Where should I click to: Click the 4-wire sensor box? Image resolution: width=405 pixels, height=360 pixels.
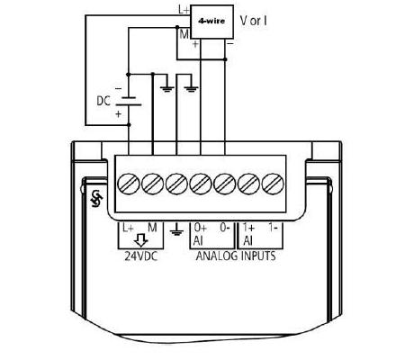[211, 22]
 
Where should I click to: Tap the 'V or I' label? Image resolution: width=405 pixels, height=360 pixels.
[254, 21]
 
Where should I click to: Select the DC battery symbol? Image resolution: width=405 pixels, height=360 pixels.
[129, 101]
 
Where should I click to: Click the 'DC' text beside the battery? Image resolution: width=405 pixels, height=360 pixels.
[103, 101]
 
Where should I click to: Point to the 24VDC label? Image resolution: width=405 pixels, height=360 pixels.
[141, 256]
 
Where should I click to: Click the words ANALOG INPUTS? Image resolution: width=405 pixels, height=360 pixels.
[236, 256]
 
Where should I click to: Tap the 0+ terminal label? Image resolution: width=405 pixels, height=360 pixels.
[200, 228]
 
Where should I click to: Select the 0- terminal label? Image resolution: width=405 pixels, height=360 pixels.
[225, 228]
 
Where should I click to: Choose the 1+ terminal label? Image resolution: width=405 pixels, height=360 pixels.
[248, 228]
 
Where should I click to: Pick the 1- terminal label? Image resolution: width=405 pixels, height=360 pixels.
[273, 228]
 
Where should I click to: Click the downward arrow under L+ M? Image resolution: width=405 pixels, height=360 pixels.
[140, 240]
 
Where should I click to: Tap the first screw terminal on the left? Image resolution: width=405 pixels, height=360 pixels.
[129, 184]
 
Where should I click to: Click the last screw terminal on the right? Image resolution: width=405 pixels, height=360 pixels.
[273, 184]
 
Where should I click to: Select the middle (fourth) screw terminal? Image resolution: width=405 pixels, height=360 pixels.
[201, 184]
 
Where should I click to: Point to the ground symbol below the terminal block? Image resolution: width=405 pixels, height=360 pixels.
[176, 229]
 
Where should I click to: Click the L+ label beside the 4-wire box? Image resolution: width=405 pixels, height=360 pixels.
[184, 10]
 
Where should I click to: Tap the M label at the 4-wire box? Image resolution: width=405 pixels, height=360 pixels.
[184, 35]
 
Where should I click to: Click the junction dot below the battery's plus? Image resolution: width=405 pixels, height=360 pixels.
[129, 124]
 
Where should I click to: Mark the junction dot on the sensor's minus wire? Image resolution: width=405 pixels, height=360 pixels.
[225, 59]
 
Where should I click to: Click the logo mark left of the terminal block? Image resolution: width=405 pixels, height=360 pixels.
[97, 199]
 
